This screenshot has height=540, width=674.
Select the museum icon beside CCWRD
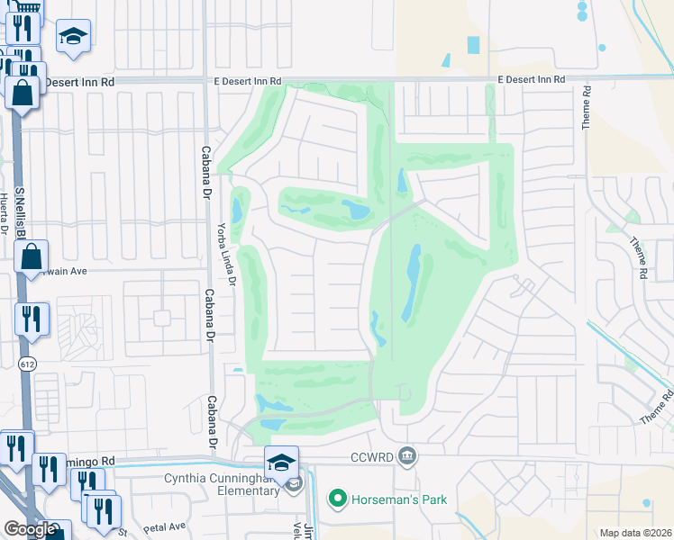coord(407,456)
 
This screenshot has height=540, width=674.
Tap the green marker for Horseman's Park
coord(338,498)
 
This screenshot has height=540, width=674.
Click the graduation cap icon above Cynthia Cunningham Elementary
coord(281,463)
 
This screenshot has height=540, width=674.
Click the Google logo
coord(30,529)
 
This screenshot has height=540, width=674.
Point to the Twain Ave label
coord(62,269)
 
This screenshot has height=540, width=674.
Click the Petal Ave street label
coord(161,526)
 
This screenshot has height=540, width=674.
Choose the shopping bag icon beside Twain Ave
coord(32,257)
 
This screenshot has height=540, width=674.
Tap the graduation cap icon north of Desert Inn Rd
coord(74,37)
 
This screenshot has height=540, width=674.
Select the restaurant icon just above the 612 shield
coord(32,319)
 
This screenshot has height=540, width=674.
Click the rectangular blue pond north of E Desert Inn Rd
coord(473,44)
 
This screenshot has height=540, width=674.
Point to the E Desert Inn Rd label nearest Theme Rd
coord(532,80)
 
